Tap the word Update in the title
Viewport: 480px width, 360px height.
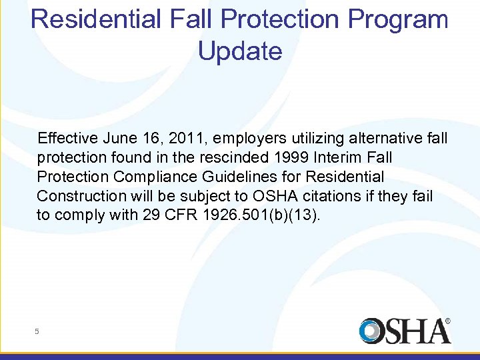click(x=240, y=51)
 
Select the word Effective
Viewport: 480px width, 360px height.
click(x=68, y=139)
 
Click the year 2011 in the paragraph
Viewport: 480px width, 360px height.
click(x=183, y=139)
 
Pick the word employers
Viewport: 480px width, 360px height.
click(x=244, y=139)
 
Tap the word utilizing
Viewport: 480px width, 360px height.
click(x=317, y=139)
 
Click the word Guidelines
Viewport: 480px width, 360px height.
click(x=215, y=177)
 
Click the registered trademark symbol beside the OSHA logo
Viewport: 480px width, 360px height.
click(x=447, y=321)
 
